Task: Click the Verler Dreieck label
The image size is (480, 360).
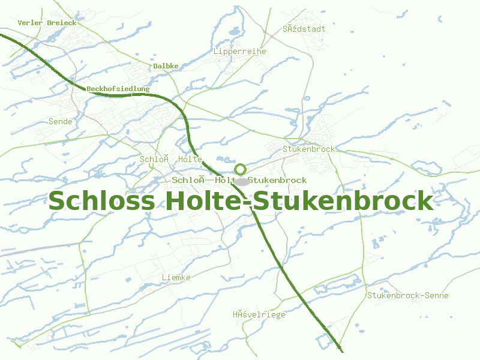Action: tap(47, 23)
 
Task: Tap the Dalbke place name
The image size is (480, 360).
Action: tap(166, 66)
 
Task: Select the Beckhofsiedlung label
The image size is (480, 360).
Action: tap(118, 89)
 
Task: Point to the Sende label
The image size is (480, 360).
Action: tap(60, 122)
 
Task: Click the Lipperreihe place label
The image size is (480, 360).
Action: tap(239, 52)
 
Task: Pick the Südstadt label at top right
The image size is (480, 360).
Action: tap(304, 29)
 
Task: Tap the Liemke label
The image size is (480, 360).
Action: tap(176, 278)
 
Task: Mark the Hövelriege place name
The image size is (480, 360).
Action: tap(259, 314)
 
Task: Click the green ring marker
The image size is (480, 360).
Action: tap(241, 169)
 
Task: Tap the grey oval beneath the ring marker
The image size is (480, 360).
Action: tap(241, 181)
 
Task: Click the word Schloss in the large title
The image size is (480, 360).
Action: tap(101, 200)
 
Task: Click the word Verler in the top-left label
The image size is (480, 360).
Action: tap(30, 23)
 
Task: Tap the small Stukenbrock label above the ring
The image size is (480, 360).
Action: tap(308, 149)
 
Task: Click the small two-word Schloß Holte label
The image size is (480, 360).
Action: tap(171, 159)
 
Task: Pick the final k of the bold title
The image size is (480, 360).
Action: tap(425, 200)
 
